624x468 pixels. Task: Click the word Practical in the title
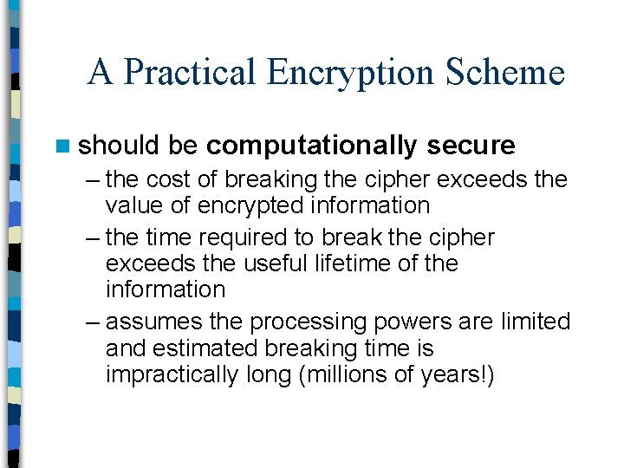[191, 72]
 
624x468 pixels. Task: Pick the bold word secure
[471, 145]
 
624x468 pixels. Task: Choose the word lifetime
[330, 263]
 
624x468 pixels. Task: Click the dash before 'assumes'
[93, 322]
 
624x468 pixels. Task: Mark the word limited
[536, 322]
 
